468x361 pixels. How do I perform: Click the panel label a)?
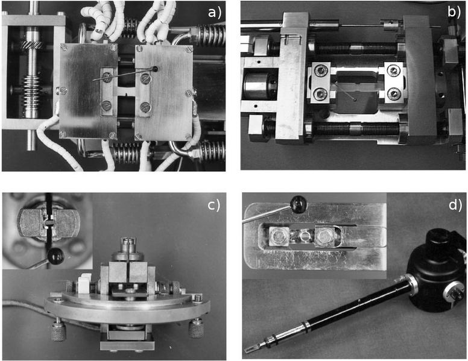coord(215,13)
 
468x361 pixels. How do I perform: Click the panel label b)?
coord(454,12)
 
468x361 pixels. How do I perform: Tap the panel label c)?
coord(213,205)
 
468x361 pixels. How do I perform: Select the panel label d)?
coord(455,205)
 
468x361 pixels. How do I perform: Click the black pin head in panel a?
coord(154,69)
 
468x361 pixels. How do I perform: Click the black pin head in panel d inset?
coord(299,204)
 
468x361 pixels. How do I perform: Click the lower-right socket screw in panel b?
coord(393,94)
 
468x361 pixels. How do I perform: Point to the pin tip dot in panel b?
coord(354,99)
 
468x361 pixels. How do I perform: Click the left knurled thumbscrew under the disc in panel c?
coord(58,330)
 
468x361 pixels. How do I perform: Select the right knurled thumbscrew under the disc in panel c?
coord(196,328)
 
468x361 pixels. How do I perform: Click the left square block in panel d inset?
coord(279,236)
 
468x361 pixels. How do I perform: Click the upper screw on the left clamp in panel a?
coord(107,77)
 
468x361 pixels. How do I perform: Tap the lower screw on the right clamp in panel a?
coord(145,107)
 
